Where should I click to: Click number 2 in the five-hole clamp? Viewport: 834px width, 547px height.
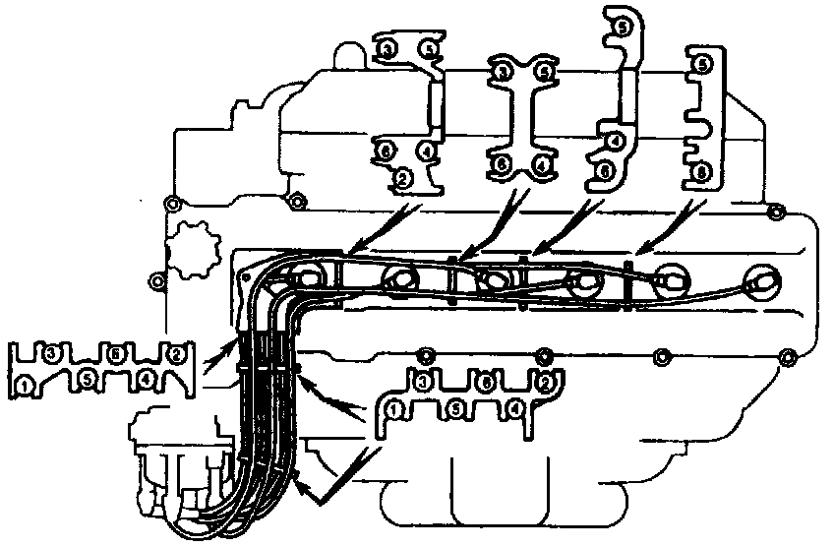point(401,179)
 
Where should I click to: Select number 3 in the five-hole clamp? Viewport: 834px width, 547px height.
point(388,48)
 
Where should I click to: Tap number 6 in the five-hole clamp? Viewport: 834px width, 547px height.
point(387,151)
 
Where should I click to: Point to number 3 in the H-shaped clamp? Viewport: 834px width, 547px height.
point(504,71)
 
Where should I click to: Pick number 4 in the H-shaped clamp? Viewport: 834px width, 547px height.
point(541,162)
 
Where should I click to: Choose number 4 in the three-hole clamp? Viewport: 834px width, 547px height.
point(614,141)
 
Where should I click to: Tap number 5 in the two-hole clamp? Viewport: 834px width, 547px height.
point(702,64)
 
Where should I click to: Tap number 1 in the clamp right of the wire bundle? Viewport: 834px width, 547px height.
point(394,406)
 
